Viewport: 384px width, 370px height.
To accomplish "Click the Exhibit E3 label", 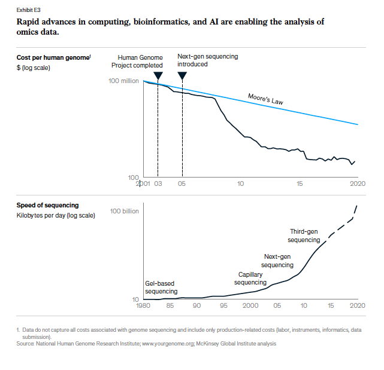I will point(29,9).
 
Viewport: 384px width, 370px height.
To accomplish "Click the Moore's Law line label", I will point(265,99).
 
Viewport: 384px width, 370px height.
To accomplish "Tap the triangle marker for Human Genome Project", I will point(158,75).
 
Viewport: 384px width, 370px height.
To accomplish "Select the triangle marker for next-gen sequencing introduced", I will point(182,75).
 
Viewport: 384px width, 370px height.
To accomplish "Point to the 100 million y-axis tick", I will point(123,81).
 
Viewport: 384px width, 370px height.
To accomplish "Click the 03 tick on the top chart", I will point(158,184).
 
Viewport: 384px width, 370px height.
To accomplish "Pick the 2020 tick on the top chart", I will point(357,184).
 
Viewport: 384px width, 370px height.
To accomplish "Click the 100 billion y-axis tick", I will point(125,211).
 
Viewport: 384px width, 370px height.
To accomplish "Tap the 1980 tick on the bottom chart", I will point(143,305).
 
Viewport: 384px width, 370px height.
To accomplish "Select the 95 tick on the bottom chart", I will point(223,305).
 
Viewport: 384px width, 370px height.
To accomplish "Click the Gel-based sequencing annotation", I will point(162,287).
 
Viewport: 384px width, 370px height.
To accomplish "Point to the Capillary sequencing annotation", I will point(250,278).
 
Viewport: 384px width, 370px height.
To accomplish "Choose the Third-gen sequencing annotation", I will point(304,236).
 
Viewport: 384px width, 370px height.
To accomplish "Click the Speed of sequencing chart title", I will point(47,205).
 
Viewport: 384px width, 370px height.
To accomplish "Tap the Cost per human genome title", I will point(53,57).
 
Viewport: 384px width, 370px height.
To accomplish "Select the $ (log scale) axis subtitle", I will point(34,67).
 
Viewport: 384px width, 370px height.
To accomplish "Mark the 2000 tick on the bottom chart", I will point(250,305).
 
